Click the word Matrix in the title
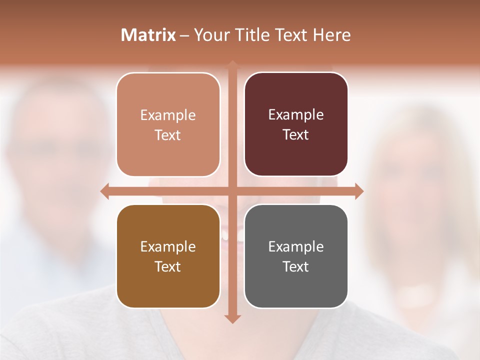click(x=148, y=35)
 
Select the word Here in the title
click(x=331, y=35)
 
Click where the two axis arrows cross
click(x=232, y=191)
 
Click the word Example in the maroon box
click(x=296, y=115)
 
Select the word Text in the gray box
click(x=296, y=267)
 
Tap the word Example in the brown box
click(x=168, y=247)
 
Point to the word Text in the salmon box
click(x=168, y=135)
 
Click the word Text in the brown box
click(x=168, y=267)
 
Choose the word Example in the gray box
click(x=296, y=247)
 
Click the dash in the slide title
click(x=184, y=35)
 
